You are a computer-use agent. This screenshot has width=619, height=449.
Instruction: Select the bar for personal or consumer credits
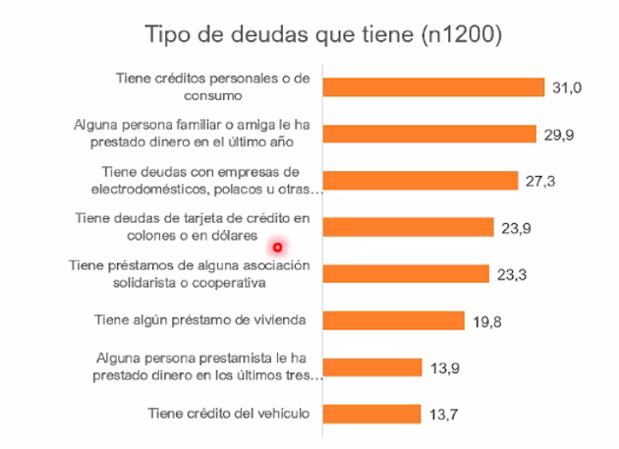pos(433,87)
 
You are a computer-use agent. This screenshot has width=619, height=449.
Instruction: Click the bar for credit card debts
pos(408,227)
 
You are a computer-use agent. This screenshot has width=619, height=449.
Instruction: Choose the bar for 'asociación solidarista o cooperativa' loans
pos(406,273)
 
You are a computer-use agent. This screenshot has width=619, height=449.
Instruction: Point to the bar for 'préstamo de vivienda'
pos(393,320)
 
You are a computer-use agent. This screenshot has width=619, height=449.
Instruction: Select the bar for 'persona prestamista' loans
pos(372,366)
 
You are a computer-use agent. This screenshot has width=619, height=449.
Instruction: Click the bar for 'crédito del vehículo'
pos(371,414)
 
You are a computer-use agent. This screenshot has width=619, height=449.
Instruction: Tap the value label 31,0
pos(567,88)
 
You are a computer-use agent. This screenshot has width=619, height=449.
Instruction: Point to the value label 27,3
pos(540,182)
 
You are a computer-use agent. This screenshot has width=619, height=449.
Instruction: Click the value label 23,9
pos(516,228)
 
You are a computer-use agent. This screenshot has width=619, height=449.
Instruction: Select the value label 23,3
pos(512,274)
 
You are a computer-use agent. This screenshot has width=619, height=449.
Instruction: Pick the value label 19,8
pos(487,321)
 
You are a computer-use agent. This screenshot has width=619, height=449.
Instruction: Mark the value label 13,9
pos(445,367)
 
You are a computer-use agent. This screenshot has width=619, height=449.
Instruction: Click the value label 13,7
pos(444,415)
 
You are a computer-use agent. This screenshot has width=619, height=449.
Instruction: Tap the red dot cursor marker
pos(278,247)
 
